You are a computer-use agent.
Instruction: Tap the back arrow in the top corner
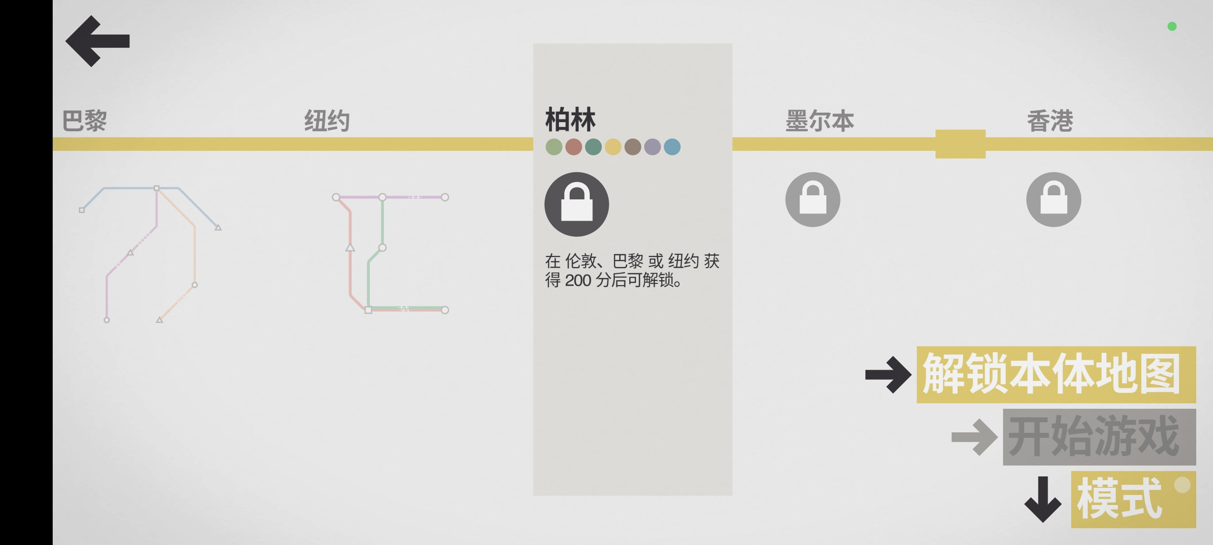point(97,41)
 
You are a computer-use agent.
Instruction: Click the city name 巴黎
point(85,121)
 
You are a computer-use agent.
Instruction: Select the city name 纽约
point(327,121)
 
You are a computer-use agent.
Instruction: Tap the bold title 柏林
point(570,119)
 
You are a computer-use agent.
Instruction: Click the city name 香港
point(1049,121)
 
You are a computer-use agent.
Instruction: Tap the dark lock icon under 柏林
point(577,204)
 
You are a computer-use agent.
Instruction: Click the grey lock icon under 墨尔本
point(812,199)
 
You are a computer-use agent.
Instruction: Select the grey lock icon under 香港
point(1054,199)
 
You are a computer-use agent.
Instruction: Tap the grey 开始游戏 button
point(1099,437)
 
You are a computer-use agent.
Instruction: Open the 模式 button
point(1133,499)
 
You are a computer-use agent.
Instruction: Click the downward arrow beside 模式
point(1043,499)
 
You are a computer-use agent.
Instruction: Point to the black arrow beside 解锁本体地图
point(888,375)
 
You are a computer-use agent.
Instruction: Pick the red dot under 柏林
point(573,147)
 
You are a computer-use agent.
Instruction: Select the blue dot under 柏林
point(672,147)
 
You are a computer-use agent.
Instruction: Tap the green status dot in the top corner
point(1172,26)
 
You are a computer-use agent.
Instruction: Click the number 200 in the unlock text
point(578,281)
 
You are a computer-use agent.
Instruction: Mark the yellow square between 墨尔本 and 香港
point(960,144)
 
